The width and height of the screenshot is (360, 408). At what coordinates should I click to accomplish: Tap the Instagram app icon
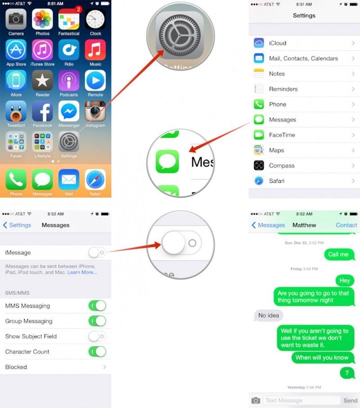[x=95, y=111]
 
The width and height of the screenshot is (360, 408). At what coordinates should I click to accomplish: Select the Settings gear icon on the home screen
[x=69, y=141]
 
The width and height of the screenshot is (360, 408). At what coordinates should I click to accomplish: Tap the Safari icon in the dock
[x=95, y=180]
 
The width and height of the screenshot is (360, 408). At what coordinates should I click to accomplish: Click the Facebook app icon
[x=42, y=111]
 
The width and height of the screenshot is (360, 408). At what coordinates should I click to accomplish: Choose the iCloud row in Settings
[x=304, y=43]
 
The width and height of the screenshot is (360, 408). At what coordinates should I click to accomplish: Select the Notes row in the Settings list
[x=304, y=74]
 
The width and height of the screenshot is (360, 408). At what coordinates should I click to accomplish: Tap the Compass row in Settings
[x=304, y=166]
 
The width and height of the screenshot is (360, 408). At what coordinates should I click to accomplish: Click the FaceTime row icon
[x=259, y=135]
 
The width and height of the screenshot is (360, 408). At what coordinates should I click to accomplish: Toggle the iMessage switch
[x=97, y=253]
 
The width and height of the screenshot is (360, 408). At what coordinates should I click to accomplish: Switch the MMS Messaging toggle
[x=97, y=306]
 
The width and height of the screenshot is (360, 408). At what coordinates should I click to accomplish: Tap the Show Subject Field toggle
[x=97, y=336]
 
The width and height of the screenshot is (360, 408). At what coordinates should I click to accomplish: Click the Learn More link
[x=82, y=272]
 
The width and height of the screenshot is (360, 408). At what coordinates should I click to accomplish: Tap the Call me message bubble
[x=338, y=254]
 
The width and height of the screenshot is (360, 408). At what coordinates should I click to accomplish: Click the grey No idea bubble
[x=269, y=316]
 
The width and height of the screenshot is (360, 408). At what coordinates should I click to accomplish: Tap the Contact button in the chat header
[x=346, y=225]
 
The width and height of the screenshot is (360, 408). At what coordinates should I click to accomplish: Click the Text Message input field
[x=301, y=400]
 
